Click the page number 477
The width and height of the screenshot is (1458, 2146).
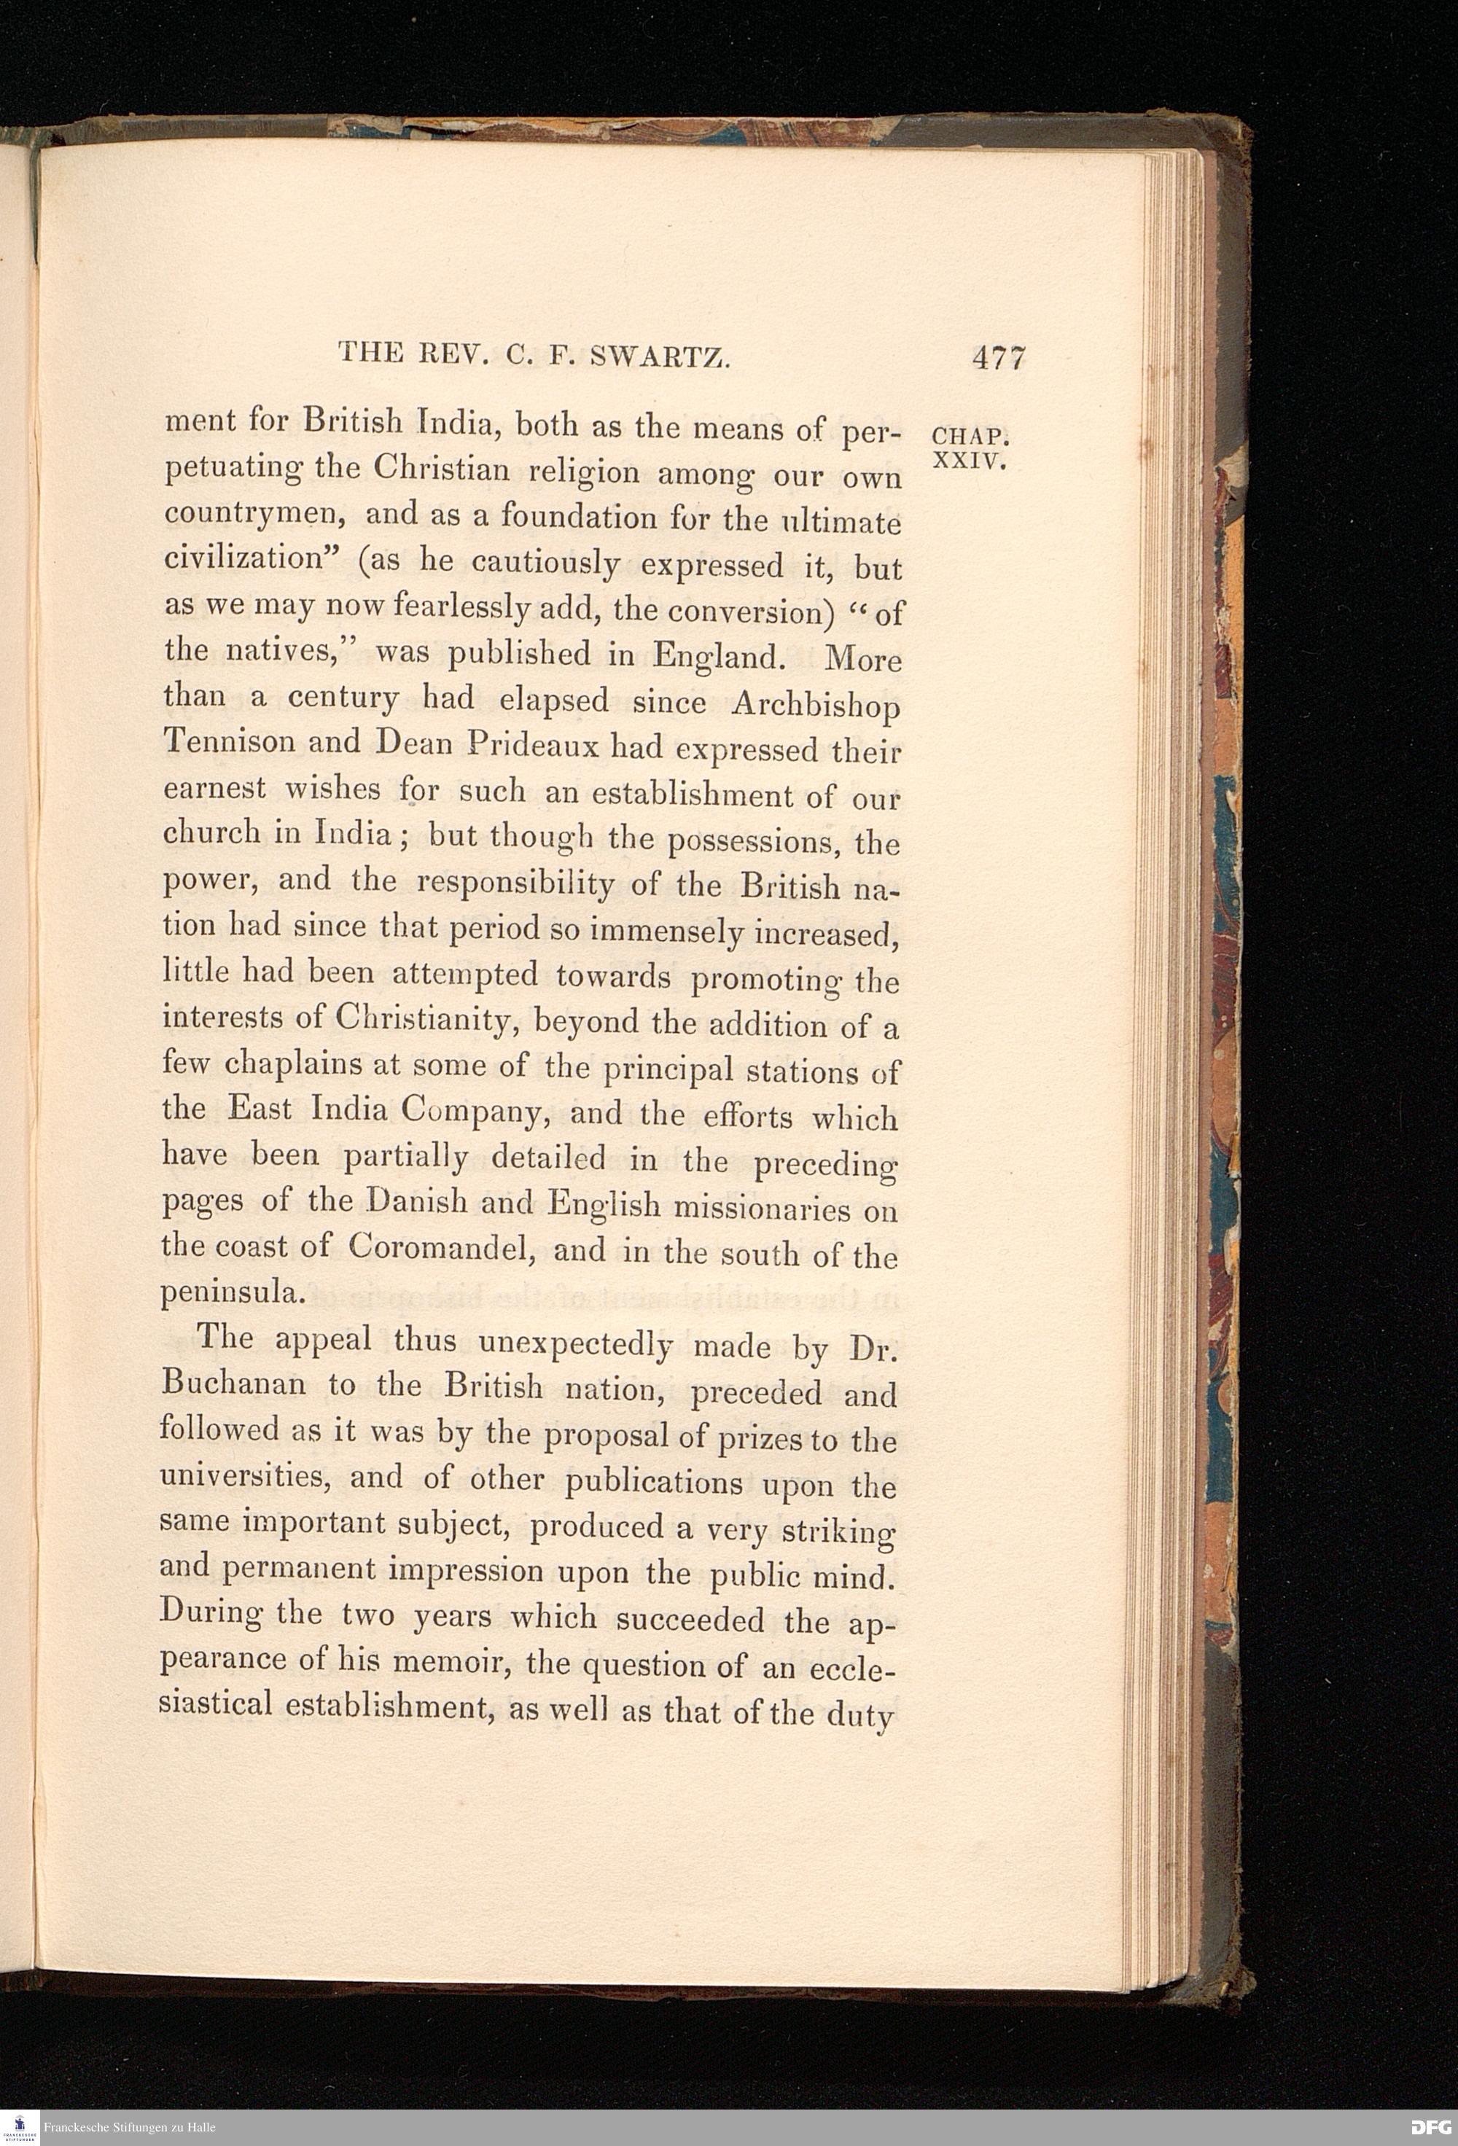pyautogui.click(x=998, y=356)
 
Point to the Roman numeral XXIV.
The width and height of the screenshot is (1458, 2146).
pyautogui.click(x=970, y=461)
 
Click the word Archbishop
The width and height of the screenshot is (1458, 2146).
pyautogui.click(x=815, y=706)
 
